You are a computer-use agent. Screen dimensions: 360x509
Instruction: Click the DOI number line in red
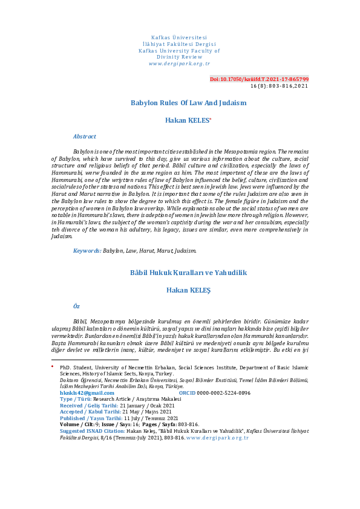[x=259, y=79]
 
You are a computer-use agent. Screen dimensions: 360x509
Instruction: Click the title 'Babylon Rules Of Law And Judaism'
[x=189, y=103]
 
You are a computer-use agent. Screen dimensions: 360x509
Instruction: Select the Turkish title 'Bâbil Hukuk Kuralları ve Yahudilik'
[x=189, y=273]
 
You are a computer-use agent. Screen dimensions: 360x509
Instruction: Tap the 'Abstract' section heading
[x=85, y=137]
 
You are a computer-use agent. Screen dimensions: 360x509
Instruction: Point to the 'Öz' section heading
[x=76, y=306]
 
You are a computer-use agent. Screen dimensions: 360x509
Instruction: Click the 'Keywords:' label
[x=87, y=250]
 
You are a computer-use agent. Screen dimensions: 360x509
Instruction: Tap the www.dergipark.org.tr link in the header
[x=180, y=63]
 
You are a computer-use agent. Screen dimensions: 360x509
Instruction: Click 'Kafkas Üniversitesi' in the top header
[x=180, y=39]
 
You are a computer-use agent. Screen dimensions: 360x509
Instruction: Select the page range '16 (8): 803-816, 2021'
[x=279, y=86]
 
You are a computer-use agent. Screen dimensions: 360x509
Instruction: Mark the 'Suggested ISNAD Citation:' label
[x=94, y=431]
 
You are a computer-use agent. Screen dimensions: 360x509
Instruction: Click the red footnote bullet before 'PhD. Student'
[x=53, y=366]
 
